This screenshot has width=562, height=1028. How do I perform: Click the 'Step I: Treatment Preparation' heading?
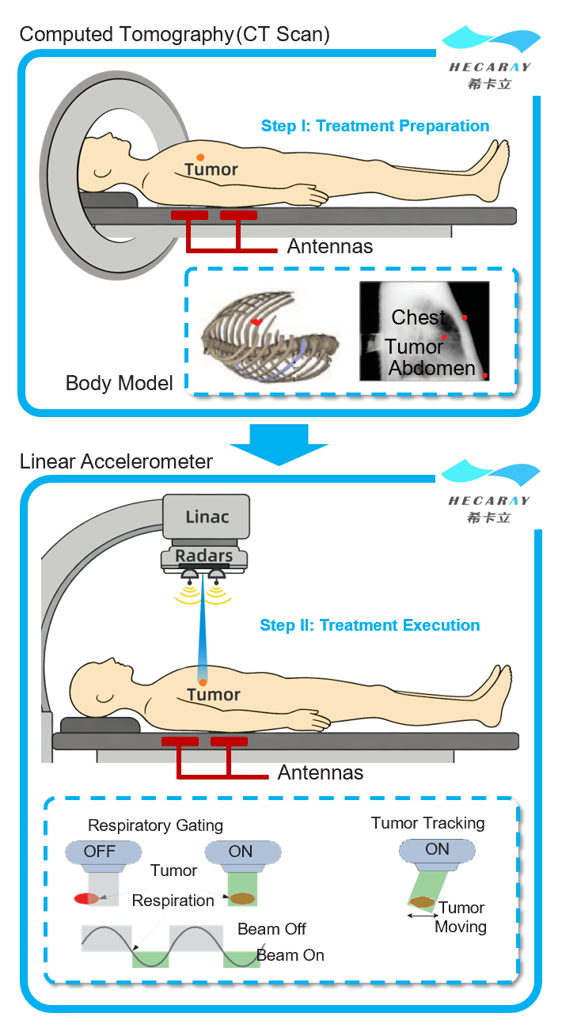pos(375,126)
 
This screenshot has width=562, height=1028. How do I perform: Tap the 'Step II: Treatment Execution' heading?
pos(370,625)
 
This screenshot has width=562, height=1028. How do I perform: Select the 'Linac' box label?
pos(207,517)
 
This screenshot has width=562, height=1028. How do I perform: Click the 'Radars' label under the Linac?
pos(203,556)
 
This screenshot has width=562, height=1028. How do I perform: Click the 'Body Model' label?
pos(119,384)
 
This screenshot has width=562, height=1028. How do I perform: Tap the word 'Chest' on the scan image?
pos(419,318)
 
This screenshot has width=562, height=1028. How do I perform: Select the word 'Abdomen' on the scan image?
pos(431,368)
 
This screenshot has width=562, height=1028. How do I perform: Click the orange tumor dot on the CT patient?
pos(201,157)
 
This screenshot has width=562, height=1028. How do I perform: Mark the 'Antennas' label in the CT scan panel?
pos(329,247)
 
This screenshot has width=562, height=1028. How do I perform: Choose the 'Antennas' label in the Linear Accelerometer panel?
pos(321,772)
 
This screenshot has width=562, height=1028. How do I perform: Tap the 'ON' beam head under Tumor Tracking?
pos(437,850)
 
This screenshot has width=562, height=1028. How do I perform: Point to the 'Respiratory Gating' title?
pos(155,825)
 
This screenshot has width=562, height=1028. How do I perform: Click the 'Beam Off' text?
pos(272,929)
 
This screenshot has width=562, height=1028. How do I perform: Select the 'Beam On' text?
pos(290,955)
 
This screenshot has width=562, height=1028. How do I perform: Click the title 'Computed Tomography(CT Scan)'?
pos(175,35)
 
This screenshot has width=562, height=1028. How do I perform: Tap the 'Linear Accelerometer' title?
pos(116,461)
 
